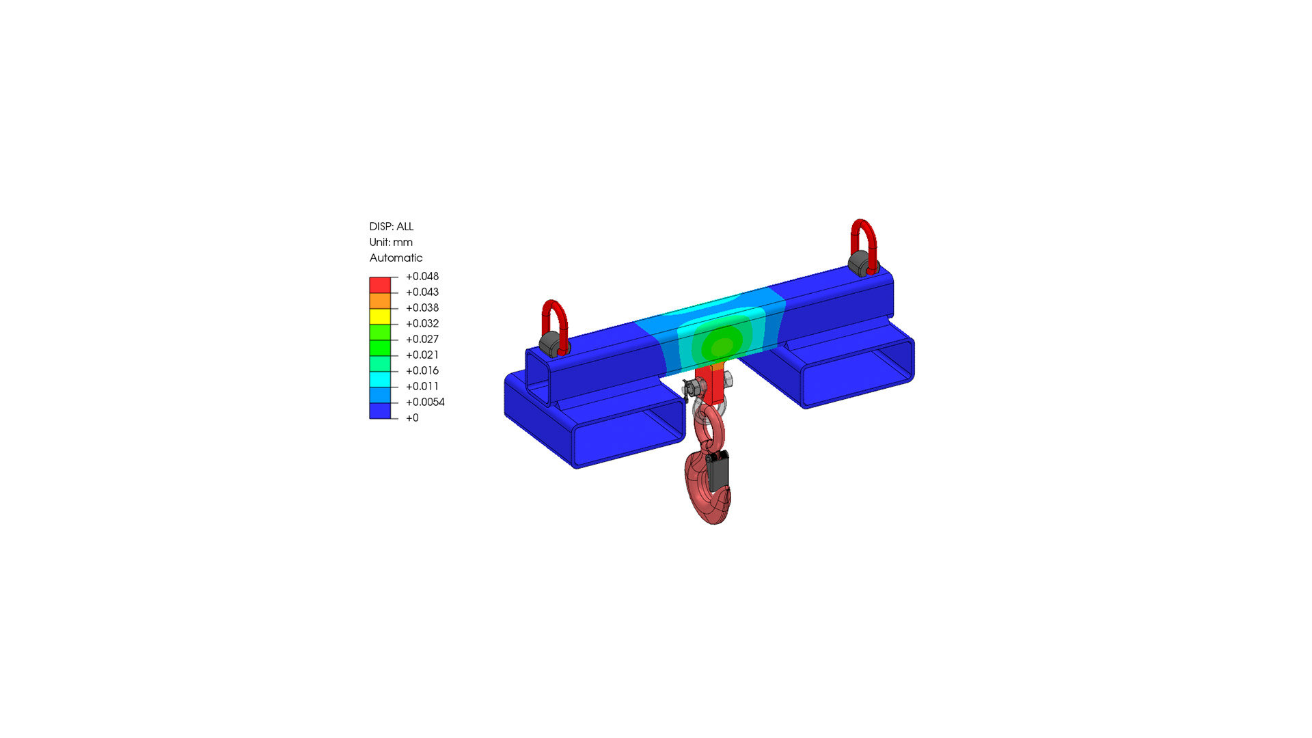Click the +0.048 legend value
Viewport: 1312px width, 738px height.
(422, 277)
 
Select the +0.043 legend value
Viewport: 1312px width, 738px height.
(422, 292)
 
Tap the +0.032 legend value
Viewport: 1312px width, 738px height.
(422, 324)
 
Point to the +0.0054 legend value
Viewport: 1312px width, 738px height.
(425, 402)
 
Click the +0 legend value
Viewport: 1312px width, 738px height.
(412, 418)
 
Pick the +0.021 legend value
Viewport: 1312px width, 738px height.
(422, 355)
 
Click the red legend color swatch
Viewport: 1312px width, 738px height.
(380, 285)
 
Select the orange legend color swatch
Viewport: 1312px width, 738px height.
(380, 301)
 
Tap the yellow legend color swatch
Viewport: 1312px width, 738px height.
(380, 316)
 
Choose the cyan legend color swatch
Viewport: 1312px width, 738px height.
(380, 379)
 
